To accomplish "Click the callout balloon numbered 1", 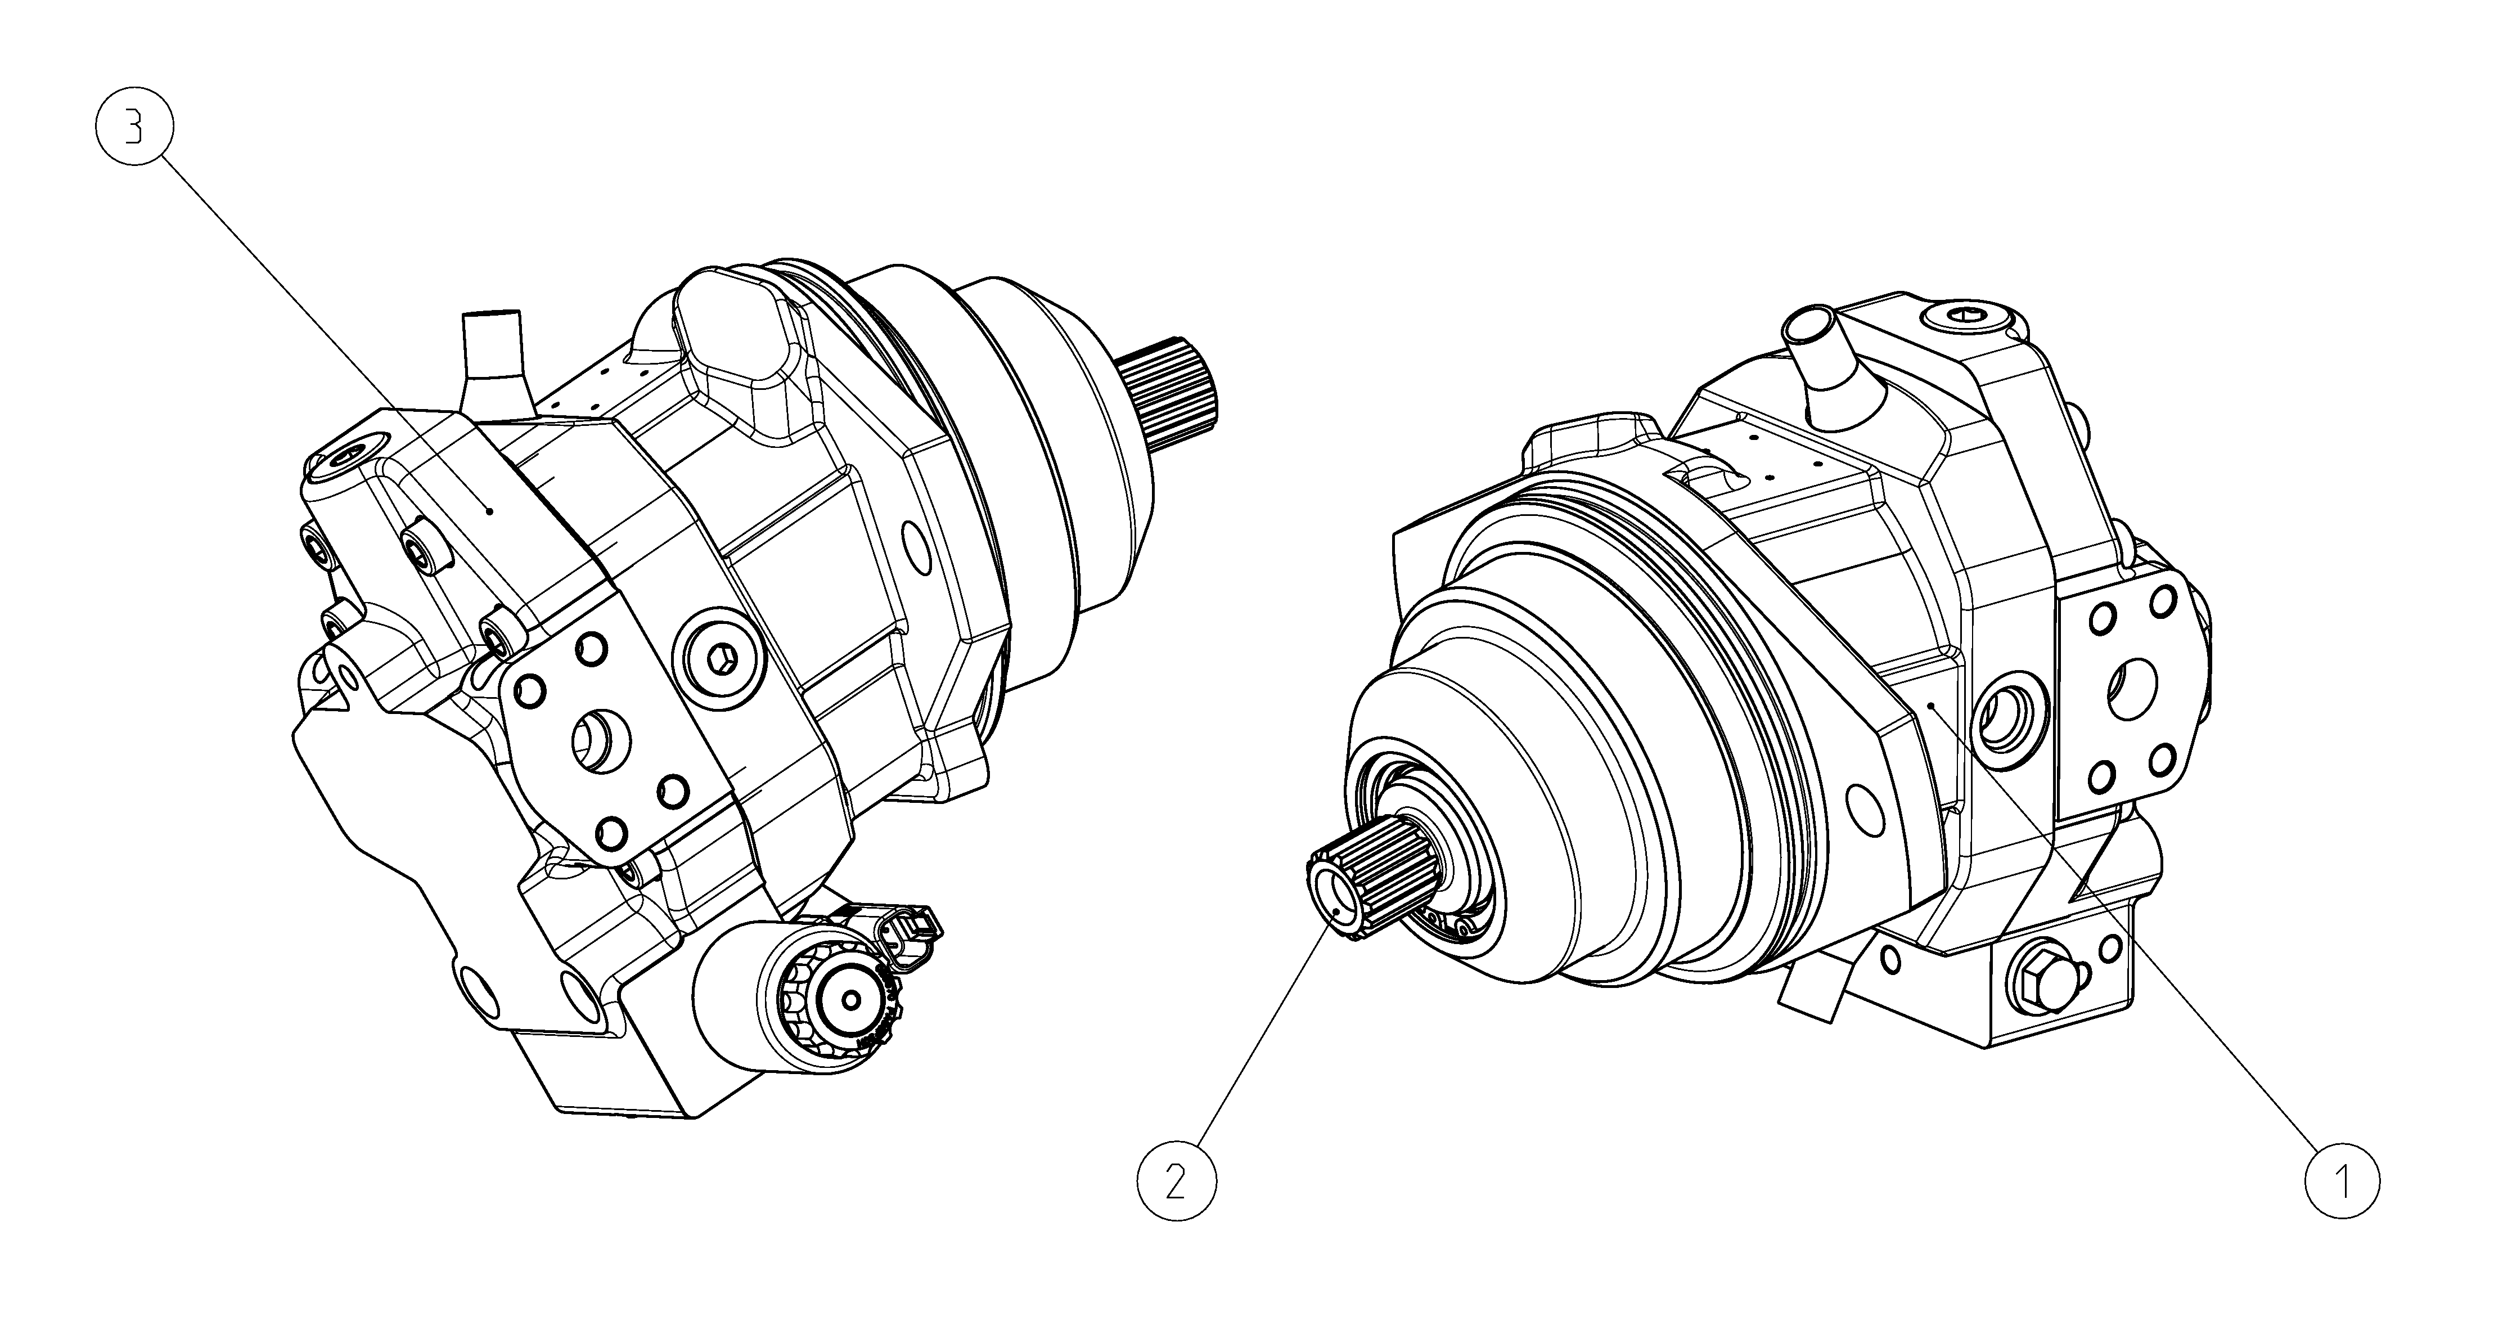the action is [2342, 1180].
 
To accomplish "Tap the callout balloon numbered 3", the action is [134, 129].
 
